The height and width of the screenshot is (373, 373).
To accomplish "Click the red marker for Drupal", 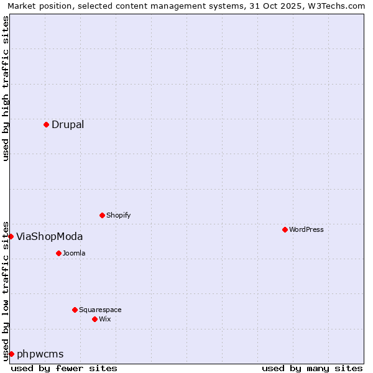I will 46,124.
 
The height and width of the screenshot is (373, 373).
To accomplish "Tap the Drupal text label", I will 68,124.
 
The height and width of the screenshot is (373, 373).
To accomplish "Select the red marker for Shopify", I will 102,215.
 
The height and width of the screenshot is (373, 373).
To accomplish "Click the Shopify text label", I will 118,216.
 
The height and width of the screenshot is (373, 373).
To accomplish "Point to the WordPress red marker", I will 285,229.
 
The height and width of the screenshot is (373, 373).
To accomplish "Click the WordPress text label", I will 306,229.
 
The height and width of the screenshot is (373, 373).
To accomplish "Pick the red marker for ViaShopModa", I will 11,236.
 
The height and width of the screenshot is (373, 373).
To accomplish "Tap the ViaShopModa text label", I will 49,236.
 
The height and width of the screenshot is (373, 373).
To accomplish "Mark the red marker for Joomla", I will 58,253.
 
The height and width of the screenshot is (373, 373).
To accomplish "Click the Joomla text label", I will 74,253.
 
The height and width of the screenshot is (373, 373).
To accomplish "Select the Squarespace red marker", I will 75,310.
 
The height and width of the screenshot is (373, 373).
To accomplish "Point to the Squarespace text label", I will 100,310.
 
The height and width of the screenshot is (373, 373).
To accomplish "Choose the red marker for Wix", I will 94,319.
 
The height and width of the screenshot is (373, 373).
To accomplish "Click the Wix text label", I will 105,319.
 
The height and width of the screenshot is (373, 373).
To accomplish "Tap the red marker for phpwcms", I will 11,354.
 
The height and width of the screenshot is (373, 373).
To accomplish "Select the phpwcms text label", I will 40,354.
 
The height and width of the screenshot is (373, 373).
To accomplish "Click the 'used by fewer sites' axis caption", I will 64,368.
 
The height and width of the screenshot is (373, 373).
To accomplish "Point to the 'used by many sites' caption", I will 312,368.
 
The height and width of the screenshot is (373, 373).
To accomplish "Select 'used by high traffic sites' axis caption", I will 6,88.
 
